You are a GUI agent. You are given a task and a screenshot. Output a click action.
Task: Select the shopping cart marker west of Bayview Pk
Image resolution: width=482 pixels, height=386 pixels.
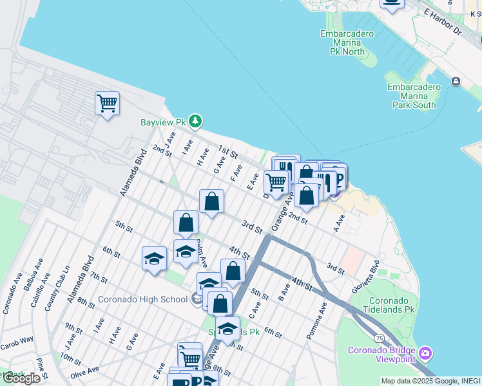click(107, 103)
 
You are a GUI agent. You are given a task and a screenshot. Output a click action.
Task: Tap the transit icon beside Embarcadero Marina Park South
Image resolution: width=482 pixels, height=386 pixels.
click(456, 82)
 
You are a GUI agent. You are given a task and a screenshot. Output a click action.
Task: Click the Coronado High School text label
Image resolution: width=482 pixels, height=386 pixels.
click(142, 299)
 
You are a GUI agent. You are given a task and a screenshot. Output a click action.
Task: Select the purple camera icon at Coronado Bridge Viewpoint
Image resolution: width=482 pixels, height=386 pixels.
click(425, 353)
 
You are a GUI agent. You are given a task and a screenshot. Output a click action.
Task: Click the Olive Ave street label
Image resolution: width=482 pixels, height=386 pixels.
click(85, 372)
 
